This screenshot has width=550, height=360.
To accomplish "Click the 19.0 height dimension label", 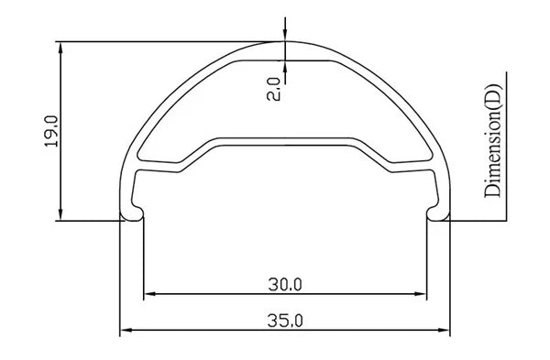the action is point(51,131).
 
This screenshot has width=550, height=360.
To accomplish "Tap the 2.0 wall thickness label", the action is point(273,90).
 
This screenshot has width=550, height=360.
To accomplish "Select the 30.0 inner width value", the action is point(285,284).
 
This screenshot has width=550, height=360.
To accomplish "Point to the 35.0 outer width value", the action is point(285,321).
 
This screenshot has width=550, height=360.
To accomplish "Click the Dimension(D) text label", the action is point(493,140).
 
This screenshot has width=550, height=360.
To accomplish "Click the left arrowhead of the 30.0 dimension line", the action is point(150,294).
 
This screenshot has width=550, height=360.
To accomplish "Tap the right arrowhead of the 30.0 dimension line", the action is point(420,294).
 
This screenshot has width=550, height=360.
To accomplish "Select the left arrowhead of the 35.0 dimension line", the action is point(126,330).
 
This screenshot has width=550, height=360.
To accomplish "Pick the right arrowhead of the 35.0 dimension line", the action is point(444,330).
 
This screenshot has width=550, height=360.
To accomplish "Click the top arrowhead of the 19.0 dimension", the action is point(60,48).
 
